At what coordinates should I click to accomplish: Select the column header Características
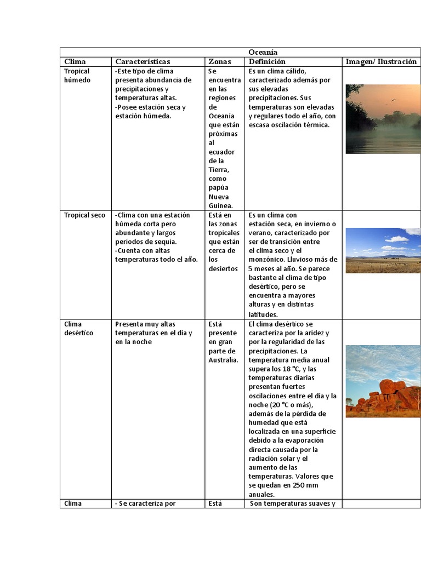pyautogui.click(x=143, y=61)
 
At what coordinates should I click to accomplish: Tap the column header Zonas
pyautogui.click(x=220, y=61)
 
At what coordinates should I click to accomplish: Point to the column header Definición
pyautogui.click(x=267, y=61)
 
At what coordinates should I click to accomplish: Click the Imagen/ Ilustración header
pyautogui.click(x=381, y=61)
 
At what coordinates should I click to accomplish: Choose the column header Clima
pyautogui.click(x=75, y=61)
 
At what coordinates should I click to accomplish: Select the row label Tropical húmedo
pyautogui.click(x=77, y=76)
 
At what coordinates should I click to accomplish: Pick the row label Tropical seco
pyautogui.click(x=84, y=215)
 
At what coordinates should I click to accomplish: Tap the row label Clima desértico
pyautogui.click(x=78, y=328)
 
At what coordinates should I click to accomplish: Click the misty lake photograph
pyautogui.click(x=383, y=119)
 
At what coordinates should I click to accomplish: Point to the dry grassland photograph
pyautogui.click(x=383, y=250)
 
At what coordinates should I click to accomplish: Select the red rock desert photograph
pyautogui.click(x=383, y=381)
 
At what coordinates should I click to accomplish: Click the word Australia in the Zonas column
pyautogui.click(x=223, y=360)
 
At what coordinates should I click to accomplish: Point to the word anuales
pyautogui.click(x=260, y=494)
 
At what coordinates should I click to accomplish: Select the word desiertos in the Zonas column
pyautogui.click(x=223, y=268)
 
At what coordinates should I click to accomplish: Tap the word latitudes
pyautogui.click(x=263, y=314)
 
